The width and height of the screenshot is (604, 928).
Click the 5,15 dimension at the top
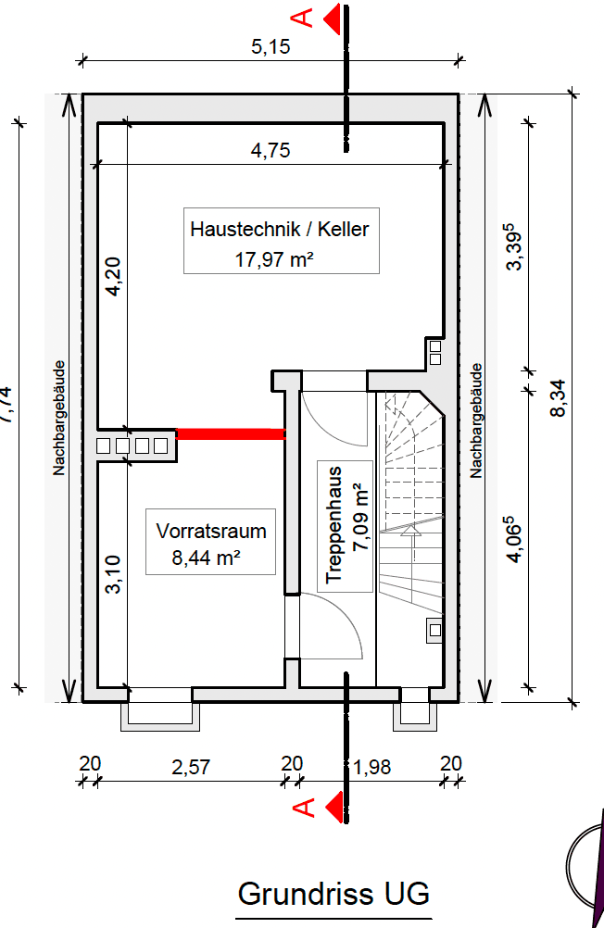coord(271,47)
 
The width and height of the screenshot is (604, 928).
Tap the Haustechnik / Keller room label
coord(280,228)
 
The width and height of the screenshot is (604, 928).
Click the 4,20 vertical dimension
coord(113,277)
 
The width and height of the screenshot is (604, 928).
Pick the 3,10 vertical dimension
coord(113,574)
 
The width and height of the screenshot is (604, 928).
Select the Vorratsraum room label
coord(211,532)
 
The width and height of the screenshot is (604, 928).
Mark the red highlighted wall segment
coord(230,433)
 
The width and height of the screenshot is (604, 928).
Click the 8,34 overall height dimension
coord(558,397)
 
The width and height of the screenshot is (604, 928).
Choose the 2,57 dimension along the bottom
coord(192,766)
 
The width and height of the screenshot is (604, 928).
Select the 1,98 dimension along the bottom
coord(372,766)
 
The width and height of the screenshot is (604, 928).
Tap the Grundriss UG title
coord(333,895)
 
